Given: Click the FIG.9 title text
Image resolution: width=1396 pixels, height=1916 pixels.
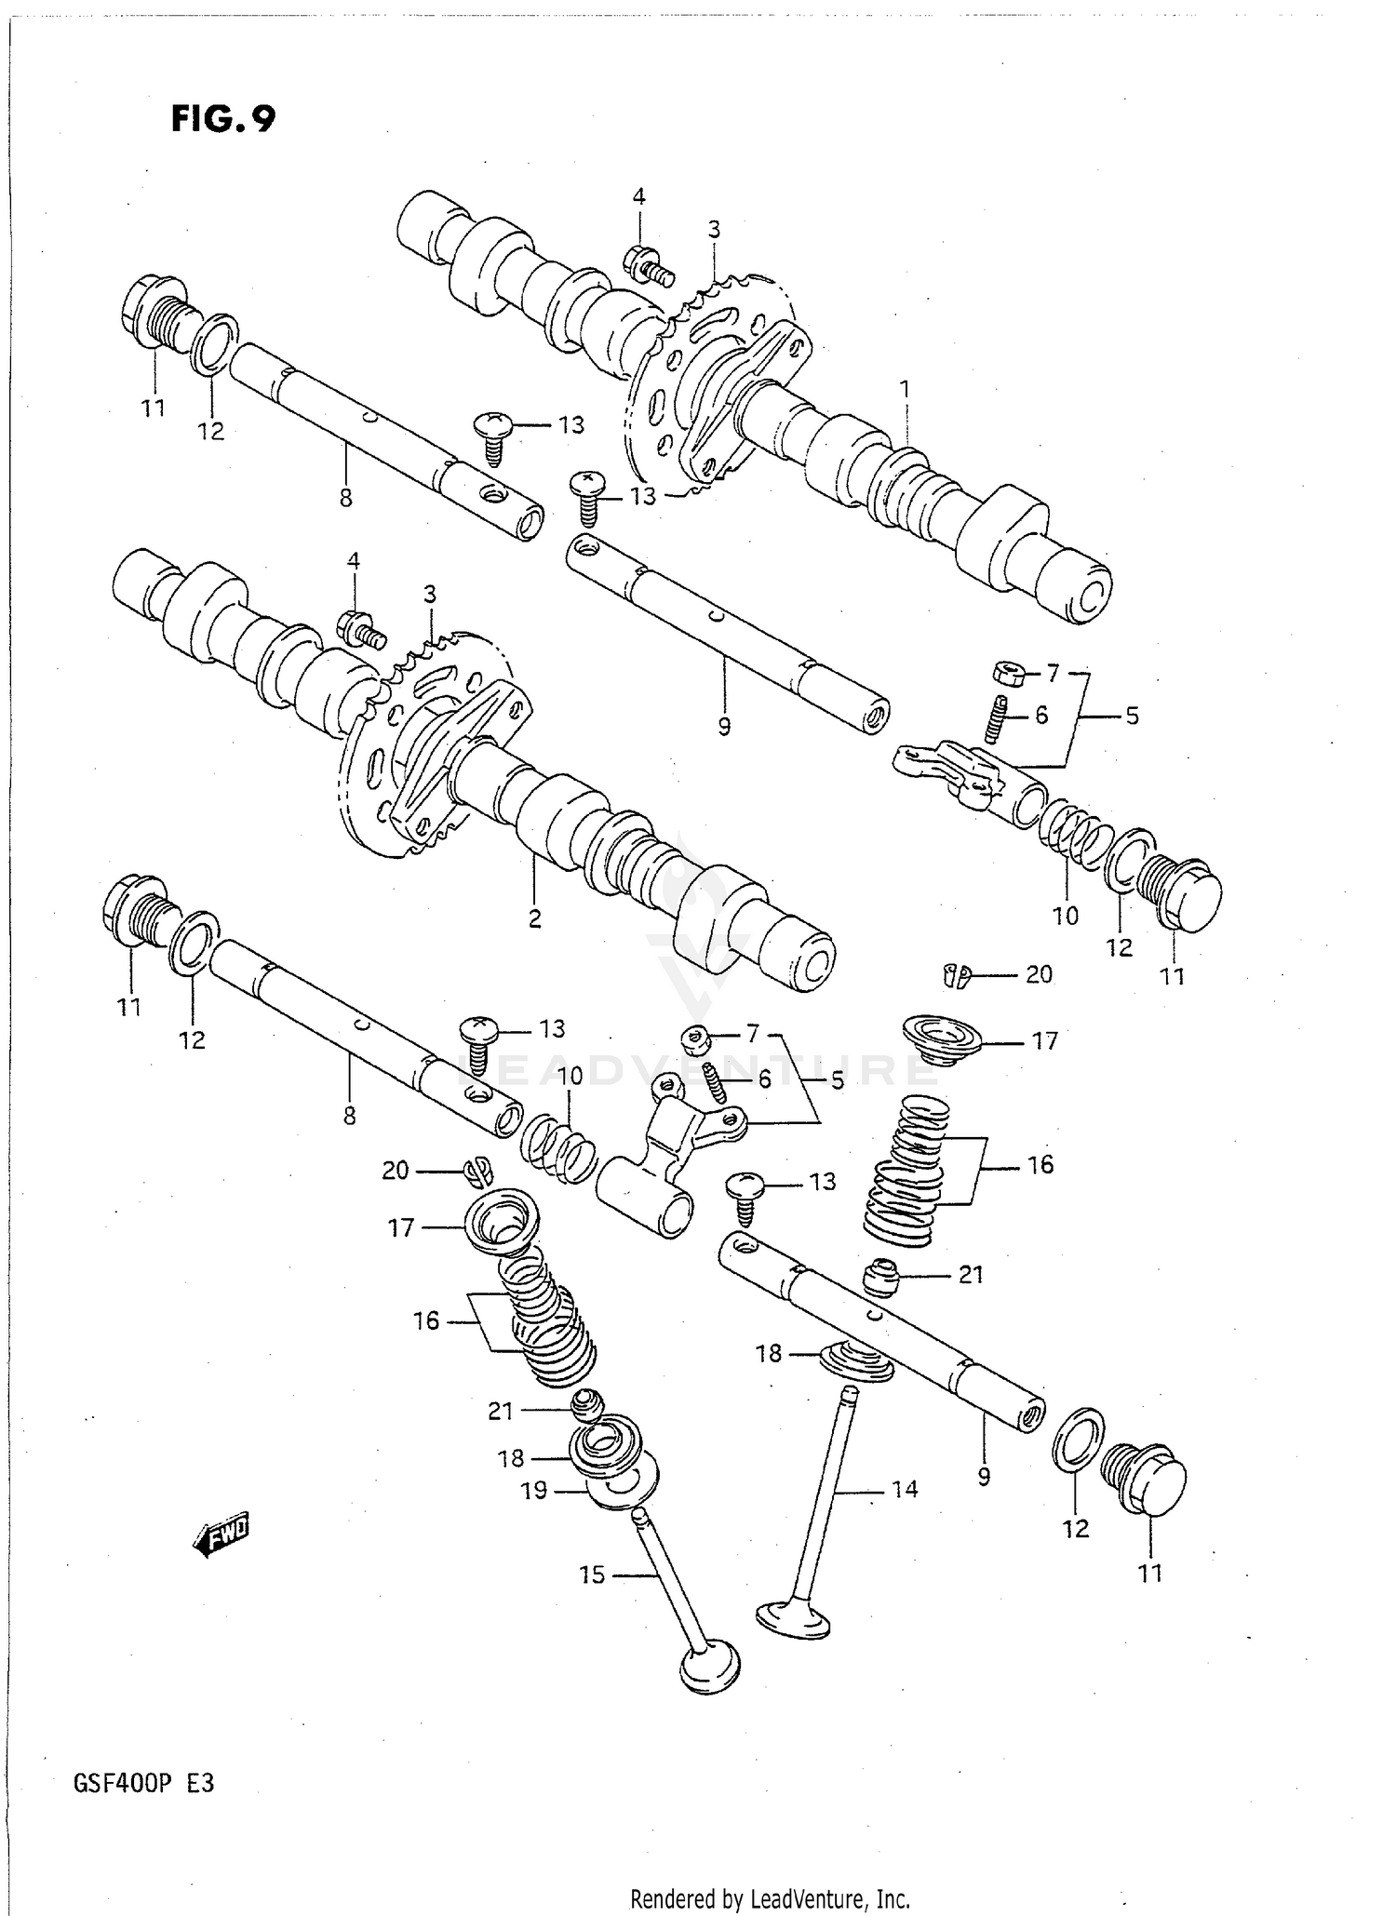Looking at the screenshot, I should pyautogui.click(x=223, y=119).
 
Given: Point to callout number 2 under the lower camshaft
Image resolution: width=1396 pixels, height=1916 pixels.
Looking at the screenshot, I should pyautogui.click(x=534, y=918).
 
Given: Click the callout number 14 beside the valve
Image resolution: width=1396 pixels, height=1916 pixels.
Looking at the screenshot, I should pyautogui.click(x=904, y=1489).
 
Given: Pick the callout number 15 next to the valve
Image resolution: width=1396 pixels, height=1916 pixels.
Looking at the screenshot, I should pyautogui.click(x=592, y=1574).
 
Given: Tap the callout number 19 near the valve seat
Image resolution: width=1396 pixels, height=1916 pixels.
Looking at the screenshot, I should pyautogui.click(x=533, y=1491).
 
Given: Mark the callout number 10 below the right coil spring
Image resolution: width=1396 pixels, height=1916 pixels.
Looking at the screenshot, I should pyautogui.click(x=1065, y=916).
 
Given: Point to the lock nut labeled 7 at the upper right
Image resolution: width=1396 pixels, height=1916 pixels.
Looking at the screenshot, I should pyautogui.click(x=1010, y=672).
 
